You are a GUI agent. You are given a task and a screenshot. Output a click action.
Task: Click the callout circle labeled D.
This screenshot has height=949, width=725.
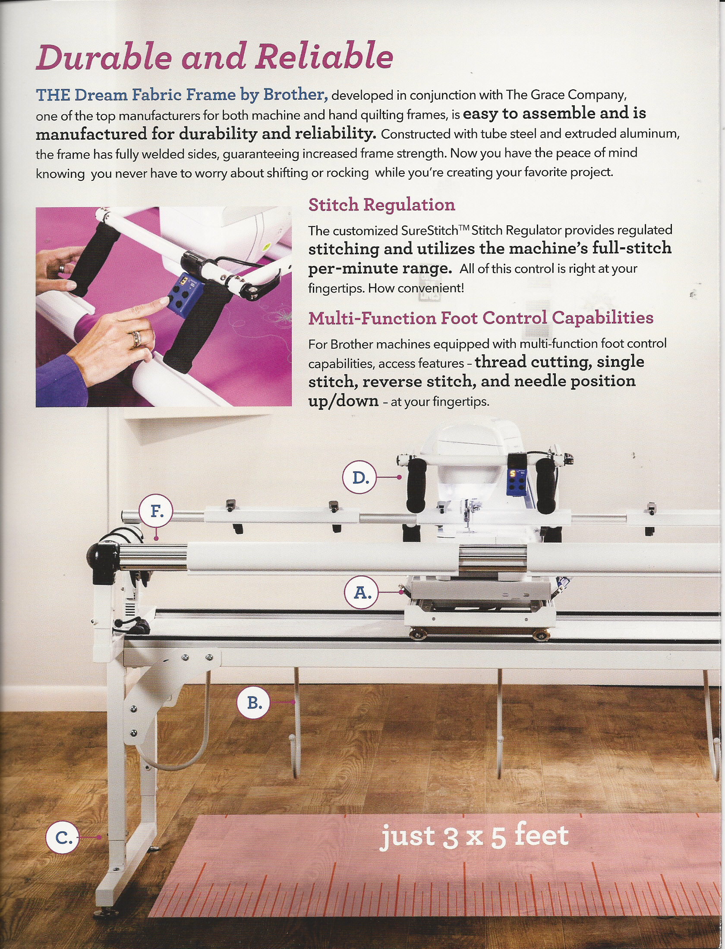coord(359,477)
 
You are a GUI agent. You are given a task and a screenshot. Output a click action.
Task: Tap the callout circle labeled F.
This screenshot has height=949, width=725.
coord(156,512)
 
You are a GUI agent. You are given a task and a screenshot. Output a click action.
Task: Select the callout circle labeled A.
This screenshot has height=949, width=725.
coord(362,592)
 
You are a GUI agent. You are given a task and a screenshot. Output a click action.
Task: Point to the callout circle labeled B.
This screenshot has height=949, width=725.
coord(254,703)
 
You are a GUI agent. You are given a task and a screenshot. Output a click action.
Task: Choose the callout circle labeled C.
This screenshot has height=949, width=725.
coord(63,837)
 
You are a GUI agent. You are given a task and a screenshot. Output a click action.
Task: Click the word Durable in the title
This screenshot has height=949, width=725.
coord(104,57)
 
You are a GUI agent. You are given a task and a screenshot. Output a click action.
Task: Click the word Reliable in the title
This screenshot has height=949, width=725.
coord(324,56)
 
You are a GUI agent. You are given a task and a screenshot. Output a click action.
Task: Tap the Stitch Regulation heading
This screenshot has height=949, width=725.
coord(381,205)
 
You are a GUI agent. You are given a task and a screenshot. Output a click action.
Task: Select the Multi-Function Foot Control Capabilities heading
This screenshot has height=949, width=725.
coord(481,318)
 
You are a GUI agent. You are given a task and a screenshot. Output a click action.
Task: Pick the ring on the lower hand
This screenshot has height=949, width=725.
coord(136,338)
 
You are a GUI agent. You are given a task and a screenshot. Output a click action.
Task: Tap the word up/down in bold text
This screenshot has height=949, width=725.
coord(343,401)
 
